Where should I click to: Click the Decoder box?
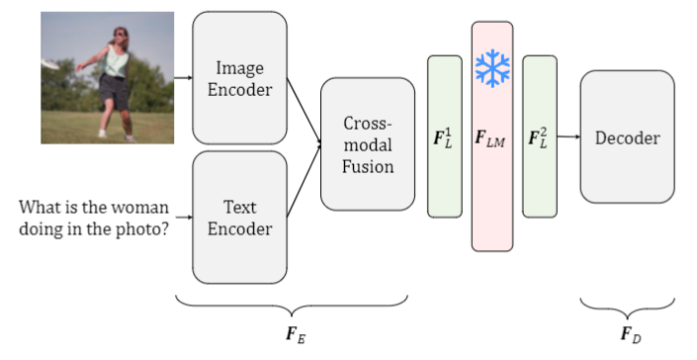pyautogui.click(x=627, y=138)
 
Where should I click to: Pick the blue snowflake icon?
pyautogui.click(x=491, y=67)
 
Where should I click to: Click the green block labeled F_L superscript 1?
pyautogui.click(x=444, y=136)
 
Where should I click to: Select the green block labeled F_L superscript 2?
pyautogui.click(x=540, y=136)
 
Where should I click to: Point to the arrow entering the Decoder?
pyautogui.click(x=568, y=137)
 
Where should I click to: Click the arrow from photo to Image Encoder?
pyautogui.click(x=183, y=77)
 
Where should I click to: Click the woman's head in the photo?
pyautogui.click(x=121, y=37)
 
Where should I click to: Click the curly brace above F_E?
pyautogui.click(x=292, y=300)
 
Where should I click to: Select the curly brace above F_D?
pyautogui.click(x=628, y=302)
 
